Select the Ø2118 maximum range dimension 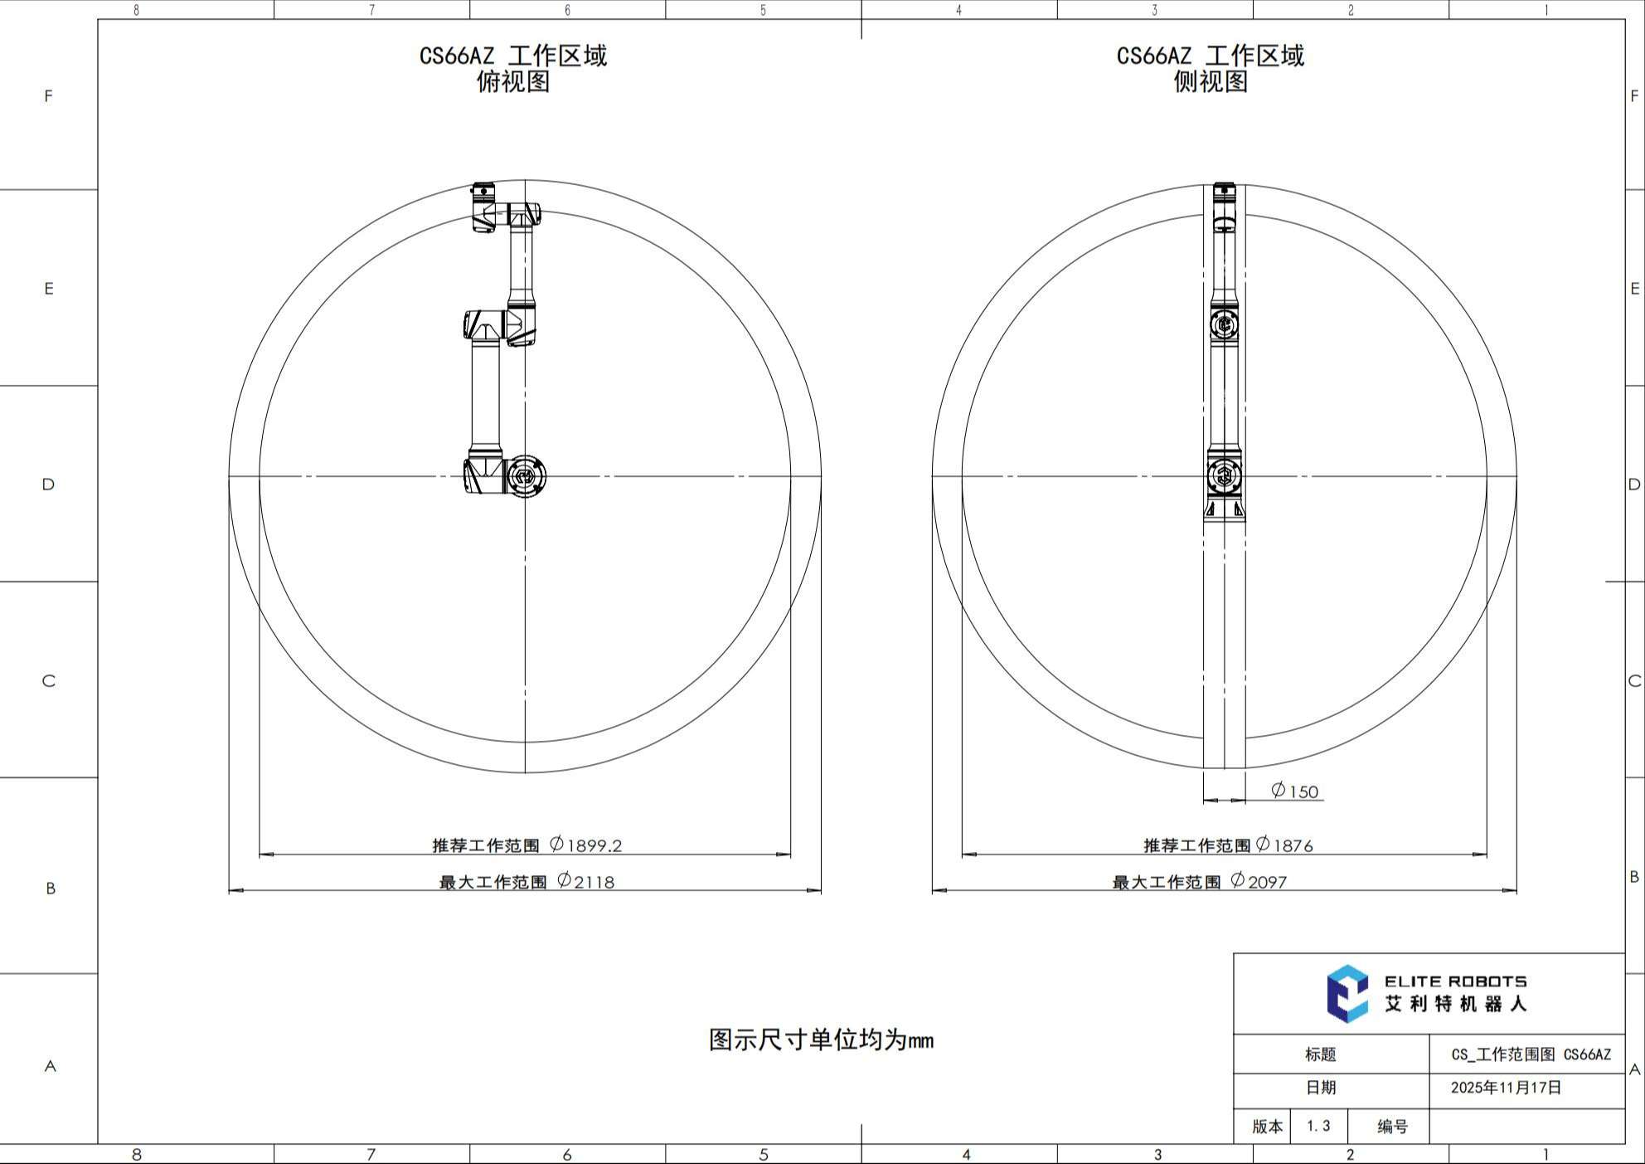(585, 881)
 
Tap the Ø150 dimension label (1294, 791)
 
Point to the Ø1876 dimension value (1284, 845)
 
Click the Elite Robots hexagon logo (1347, 993)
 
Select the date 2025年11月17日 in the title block (1506, 1088)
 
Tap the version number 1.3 (1318, 1126)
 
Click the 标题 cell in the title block (1321, 1054)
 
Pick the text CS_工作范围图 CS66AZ (1531, 1054)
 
